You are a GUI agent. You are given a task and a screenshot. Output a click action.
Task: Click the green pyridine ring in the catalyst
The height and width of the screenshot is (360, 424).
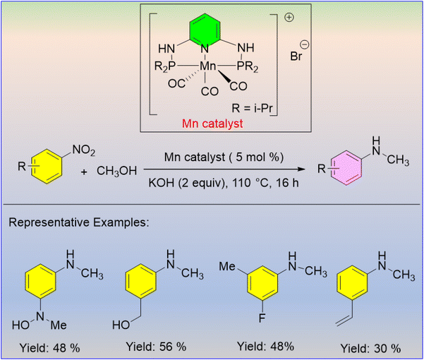[x=204, y=30]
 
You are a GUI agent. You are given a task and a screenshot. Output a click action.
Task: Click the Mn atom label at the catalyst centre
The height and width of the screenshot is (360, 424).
[x=207, y=66]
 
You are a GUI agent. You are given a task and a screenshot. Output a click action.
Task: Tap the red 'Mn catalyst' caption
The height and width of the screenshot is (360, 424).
[x=212, y=124]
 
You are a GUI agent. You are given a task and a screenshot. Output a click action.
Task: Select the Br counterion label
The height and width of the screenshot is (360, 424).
[x=296, y=56]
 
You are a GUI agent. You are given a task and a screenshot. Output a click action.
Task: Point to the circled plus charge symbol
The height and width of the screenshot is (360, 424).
[x=289, y=18]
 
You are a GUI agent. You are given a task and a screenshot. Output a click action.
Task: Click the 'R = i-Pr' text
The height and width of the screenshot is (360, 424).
[x=252, y=108]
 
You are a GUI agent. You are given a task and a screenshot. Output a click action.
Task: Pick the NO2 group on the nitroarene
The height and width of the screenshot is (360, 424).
[x=83, y=150]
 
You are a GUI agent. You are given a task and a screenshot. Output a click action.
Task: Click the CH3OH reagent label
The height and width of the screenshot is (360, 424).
[x=116, y=171]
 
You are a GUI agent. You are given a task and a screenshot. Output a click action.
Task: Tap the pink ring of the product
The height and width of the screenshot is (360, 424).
[x=346, y=168]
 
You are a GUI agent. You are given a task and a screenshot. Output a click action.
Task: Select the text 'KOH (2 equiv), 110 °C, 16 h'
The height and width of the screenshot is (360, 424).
[x=224, y=183]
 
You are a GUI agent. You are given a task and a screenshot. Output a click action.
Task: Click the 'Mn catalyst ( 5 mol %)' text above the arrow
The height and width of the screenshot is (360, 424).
[x=224, y=157]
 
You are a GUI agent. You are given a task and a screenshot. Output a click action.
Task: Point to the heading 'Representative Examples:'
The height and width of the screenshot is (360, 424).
[x=79, y=222]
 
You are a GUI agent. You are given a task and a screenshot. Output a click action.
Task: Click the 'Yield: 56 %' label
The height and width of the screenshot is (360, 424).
[x=156, y=347]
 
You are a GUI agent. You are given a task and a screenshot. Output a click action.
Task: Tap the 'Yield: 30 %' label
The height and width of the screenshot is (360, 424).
[x=370, y=349]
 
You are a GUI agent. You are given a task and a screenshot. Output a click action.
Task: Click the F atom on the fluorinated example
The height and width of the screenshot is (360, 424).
[x=262, y=318]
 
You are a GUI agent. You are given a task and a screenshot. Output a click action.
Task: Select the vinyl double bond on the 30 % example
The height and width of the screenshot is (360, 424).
[x=344, y=320]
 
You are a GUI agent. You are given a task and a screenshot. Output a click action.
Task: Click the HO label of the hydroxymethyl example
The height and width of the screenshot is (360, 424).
[x=121, y=325]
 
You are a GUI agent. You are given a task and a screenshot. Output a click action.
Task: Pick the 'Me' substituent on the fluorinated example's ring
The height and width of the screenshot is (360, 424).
[x=227, y=266]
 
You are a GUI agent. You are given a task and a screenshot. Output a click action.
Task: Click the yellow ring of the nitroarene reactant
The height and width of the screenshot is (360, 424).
[x=47, y=167]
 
